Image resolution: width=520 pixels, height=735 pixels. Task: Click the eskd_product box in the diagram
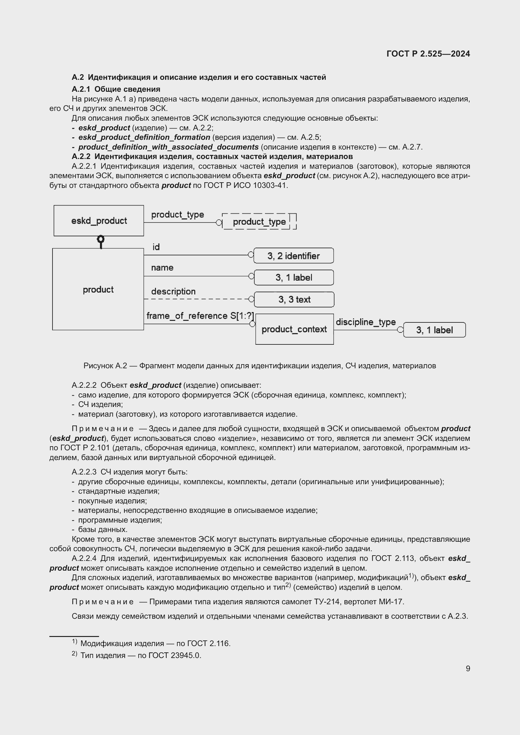(x=99, y=221)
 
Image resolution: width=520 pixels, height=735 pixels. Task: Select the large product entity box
(x=98, y=289)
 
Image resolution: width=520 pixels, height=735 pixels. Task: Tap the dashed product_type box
(x=259, y=222)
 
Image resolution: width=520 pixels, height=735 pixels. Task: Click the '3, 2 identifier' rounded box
(x=293, y=256)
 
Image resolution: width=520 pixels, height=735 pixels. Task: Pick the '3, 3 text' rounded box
(x=294, y=299)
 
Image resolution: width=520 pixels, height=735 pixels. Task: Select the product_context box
(x=294, y=329)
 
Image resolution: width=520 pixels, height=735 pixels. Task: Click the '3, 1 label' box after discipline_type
(x=434, y=330)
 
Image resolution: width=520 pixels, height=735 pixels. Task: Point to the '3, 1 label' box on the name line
(x=294, y=277)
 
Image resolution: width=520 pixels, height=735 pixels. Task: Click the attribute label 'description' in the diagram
(x=173, y=291)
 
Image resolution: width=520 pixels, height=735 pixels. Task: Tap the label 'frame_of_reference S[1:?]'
(x=200, y=315)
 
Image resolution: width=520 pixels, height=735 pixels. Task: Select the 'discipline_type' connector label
(x=366, y=322)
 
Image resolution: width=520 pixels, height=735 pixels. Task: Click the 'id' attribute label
(x=156, y=247)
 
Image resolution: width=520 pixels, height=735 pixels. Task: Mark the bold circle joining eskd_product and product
(x=101, y=239)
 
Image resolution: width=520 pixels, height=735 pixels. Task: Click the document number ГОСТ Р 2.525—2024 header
(x=428, y=54)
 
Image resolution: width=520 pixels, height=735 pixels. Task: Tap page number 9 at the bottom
(x=468, y=668)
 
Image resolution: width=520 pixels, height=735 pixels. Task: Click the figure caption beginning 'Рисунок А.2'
(x=260, y=365)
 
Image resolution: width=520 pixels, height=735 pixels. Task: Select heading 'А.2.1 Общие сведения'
(x=116, y=89)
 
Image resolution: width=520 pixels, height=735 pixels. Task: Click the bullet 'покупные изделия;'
(x=112, y=501)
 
